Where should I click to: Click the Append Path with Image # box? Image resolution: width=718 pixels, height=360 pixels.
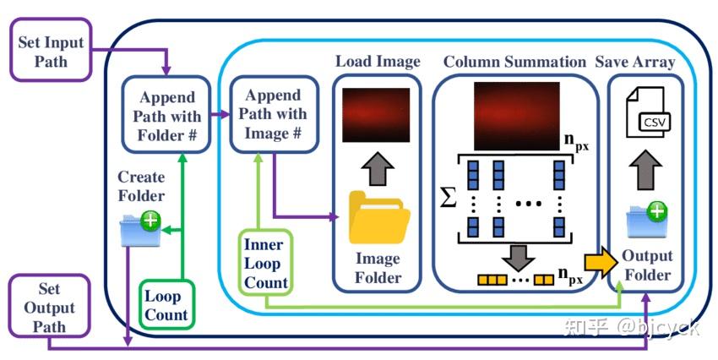tap(269, 114)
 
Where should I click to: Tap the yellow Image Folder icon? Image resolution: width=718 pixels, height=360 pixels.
tap(378, 217)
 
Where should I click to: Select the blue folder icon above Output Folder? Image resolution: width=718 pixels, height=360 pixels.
tap(646, 221)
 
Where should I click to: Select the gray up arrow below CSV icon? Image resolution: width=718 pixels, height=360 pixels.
tap(646, 167)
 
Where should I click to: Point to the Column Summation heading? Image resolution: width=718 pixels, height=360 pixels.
tap(514, 62)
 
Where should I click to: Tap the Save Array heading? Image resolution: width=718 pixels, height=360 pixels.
tap(646, 62)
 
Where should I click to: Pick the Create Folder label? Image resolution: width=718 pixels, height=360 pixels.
tap(141, 186)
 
